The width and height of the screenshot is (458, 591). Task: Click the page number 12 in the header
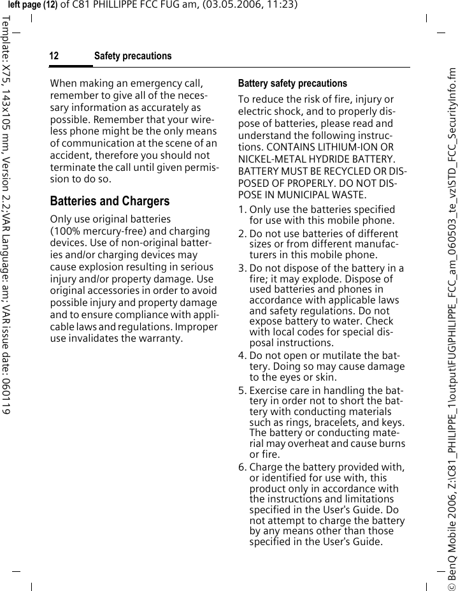pyautogui.click(x=54, y=57)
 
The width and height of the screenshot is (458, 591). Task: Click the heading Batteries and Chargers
pyautogui.click(x=110, y=201)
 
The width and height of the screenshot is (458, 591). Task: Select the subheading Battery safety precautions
pyautogui.click(x=292, y=84)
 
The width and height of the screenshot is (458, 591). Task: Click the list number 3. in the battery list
pyautogui.click(x=243, y=268)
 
